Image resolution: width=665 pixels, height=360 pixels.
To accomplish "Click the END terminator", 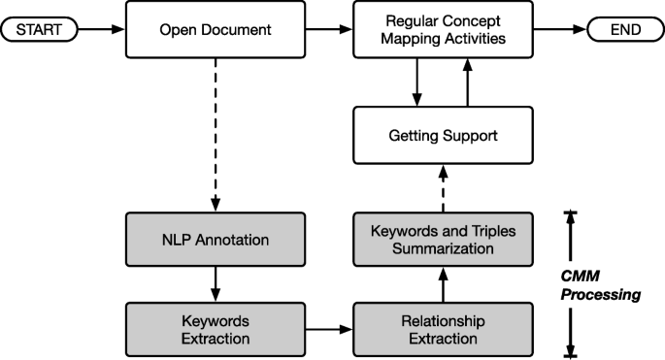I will (x=623, y=30).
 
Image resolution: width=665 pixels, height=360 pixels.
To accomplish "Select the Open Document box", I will (x=216, y=30).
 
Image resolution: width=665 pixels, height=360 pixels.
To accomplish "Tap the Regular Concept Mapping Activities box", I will (x=443, y=30).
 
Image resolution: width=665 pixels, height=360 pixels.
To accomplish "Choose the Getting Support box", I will (x=443, y=135).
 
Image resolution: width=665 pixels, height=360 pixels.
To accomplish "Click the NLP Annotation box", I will (x=216, y=240).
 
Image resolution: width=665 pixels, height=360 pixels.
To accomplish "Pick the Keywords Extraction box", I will (x=216, y=329).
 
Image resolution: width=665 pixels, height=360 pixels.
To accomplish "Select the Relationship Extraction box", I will (x=443, y=329).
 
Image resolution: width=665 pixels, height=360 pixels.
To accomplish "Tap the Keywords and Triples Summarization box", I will (x=443, y=240).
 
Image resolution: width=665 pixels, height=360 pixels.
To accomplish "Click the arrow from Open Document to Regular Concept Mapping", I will (x=329, y=30).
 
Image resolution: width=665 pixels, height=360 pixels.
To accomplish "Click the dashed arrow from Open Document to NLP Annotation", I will (x=216, y=136).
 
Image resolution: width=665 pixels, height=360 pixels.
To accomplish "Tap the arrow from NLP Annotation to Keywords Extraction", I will (x=216, y=284).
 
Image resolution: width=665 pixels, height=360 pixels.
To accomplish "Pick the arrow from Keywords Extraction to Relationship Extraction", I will (x=329, y=329).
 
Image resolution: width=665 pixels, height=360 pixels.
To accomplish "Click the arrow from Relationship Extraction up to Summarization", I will (x=443, y=284).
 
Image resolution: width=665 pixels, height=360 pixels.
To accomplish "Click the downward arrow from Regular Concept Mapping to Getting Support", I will (x=416, y=82).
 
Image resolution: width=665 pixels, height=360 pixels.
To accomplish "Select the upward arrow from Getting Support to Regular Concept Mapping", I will (x=469, y=82).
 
